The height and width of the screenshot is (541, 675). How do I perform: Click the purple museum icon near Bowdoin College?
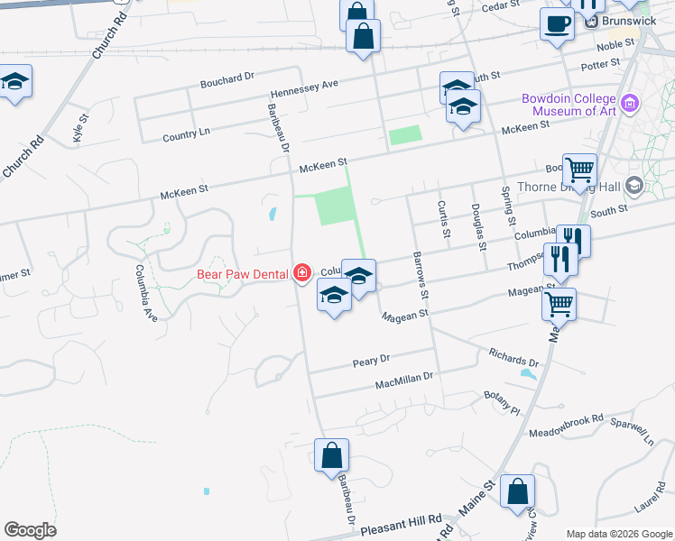[x=631, y=104]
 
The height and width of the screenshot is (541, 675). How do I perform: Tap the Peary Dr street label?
[x=370, y=359]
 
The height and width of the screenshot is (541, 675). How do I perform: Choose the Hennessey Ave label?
[x=304, y=88]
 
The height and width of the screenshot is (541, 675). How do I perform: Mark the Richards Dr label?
[x=513, y=357]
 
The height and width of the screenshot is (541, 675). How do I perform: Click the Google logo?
[x=30, y=530]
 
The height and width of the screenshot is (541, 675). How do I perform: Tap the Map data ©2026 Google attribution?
[x=620, y=534]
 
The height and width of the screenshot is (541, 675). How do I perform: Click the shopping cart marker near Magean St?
[x=559, y=304]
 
